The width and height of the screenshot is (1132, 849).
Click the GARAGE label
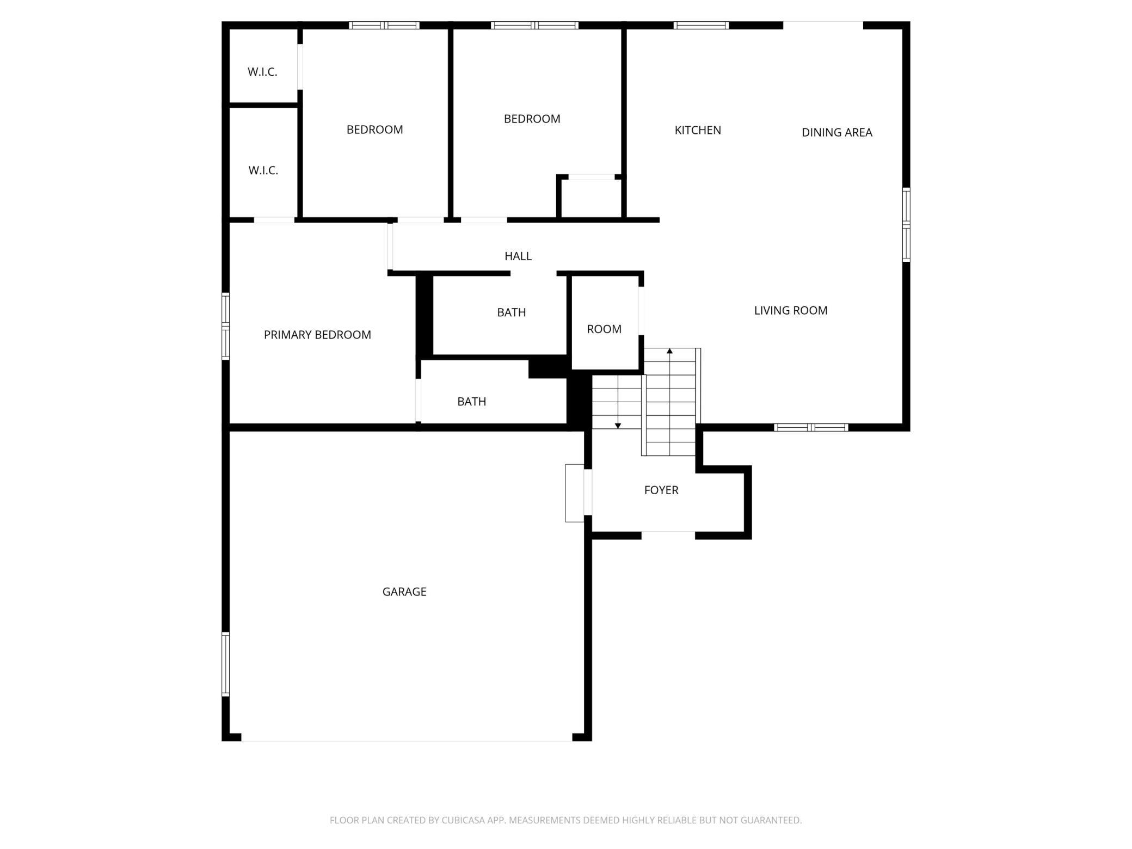(x=404, y=592)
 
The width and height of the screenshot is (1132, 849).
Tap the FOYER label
(x=661, y=490)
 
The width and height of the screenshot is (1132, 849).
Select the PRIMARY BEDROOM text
(x=317, y=335)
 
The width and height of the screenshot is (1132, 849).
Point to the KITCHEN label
(x=698, y=130)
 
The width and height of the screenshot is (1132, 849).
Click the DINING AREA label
(x=837, y=132)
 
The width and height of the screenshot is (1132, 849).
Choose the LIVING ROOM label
(x=791, y=310)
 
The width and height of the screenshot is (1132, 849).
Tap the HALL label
(x=518, y=256)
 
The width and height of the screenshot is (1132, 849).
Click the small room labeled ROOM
(x=604, y=329)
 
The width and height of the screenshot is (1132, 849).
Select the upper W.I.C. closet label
(x=263, y=72)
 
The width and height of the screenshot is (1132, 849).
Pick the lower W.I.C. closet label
(x=263, y=170)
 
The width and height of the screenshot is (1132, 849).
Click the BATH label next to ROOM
(x=512, y=312)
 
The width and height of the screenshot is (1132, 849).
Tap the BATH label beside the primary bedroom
(x=471, y=402)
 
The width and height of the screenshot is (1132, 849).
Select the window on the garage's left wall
(x=225, y=664)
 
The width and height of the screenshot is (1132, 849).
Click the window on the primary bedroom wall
(x=225, y=326)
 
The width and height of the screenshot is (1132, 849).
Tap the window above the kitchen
(x=701, y=25)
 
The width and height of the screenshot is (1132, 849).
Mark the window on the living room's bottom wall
(x=811, y=427)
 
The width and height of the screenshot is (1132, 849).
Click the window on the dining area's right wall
(x=906, y=224)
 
